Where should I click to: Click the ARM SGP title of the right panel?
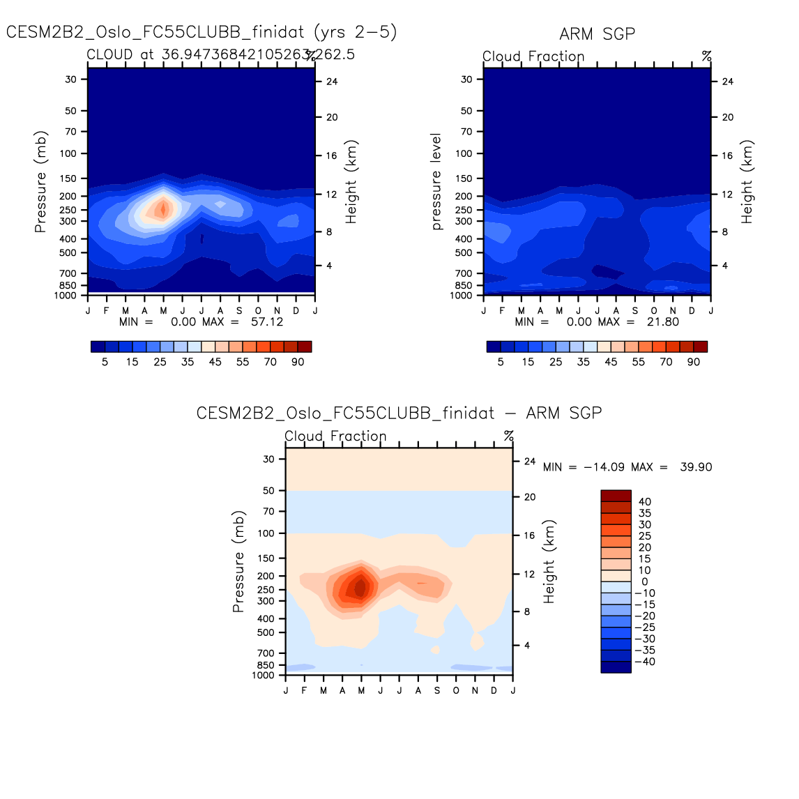pos(597,34)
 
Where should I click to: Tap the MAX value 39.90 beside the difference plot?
pos(696,467)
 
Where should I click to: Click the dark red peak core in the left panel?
pos(163,208)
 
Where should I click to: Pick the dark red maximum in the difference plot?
pos(360,588)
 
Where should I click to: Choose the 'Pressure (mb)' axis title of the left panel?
pos(41,182)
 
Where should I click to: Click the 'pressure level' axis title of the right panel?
pos(437,182)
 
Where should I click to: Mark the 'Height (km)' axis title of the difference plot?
pos(549,561)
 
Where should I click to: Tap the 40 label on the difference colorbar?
pos(644,502)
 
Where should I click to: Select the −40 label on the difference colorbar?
pos(644,662)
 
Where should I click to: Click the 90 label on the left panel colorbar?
pos(298,362)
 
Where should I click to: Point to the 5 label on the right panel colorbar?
pos(501,362)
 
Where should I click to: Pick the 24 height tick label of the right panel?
pos(727,82)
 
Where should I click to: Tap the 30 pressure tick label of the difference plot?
pos(269,459)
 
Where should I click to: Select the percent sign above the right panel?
pos(706,56)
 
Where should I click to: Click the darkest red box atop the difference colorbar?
pos(616,496)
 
